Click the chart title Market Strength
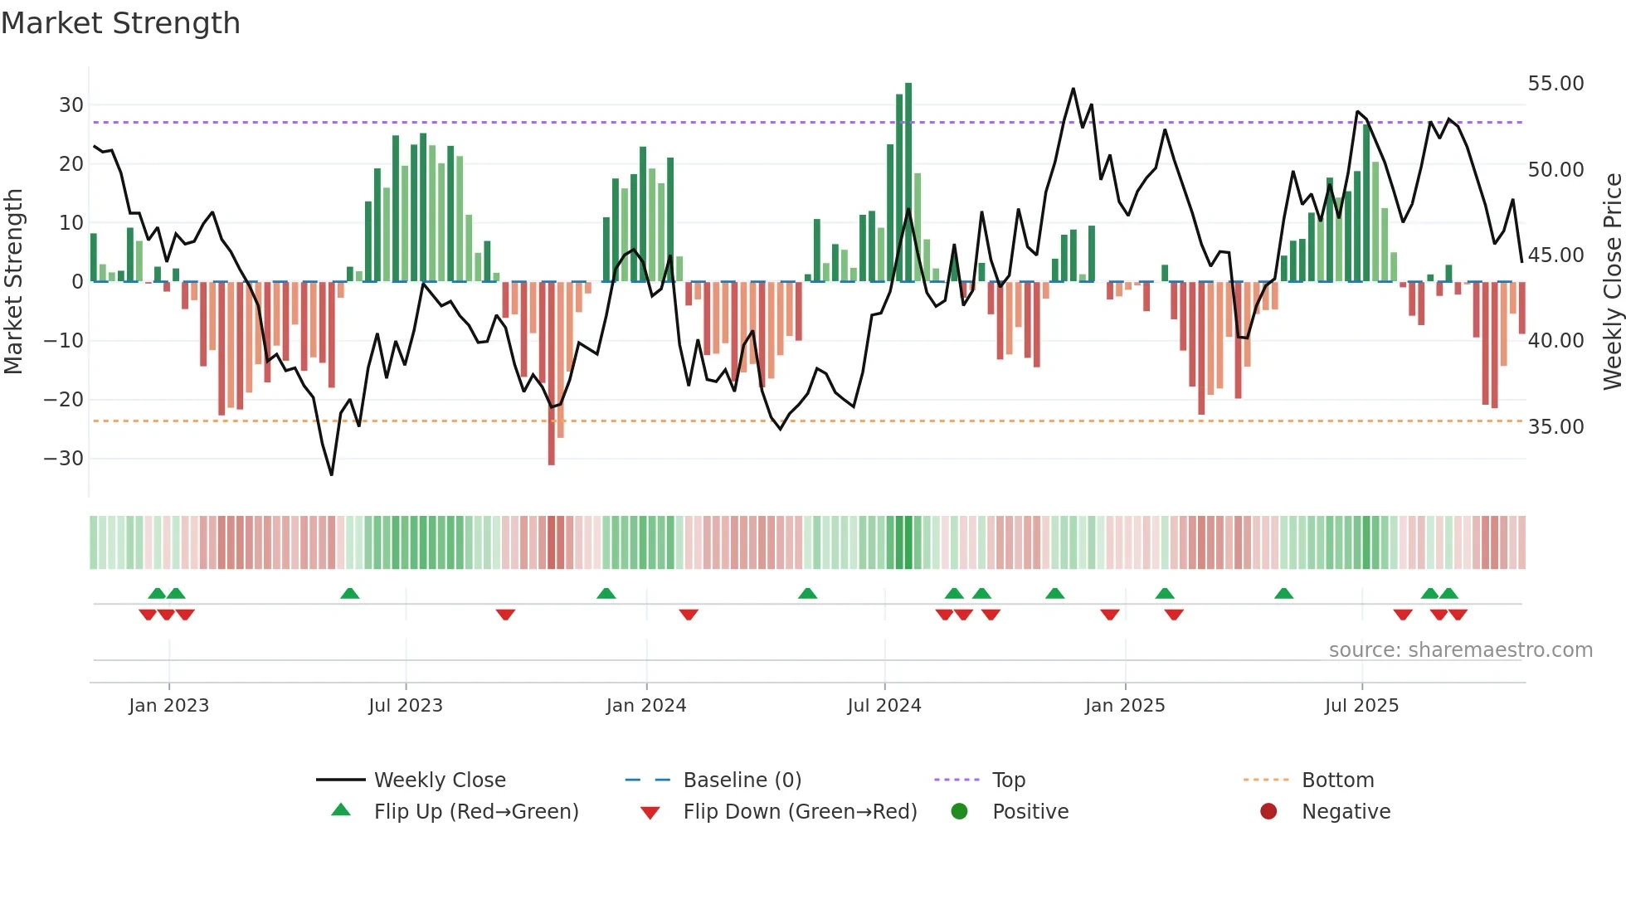pos(120,23)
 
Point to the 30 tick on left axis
pos(71,105)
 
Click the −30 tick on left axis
pos(64,459)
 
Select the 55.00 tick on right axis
pos(1555,84)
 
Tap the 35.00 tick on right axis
pos(1555,427)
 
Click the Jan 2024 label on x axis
pos(646,706)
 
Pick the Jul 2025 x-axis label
pos(1361,706)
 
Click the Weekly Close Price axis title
pos(1612,282)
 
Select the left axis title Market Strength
pos(13,282)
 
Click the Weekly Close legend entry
pos(440,780)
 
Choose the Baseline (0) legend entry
pos(742,780)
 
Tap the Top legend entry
pos(1009,780)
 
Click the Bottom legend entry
pos(1337,780)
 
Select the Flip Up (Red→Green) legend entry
pos(476,812)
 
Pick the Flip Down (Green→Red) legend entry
pos(800,812)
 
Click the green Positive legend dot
pos(960,812)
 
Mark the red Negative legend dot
pos(1268,812)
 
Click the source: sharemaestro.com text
pos(1460,650)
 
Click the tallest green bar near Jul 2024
pos(908,182)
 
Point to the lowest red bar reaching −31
pos(552,373)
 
